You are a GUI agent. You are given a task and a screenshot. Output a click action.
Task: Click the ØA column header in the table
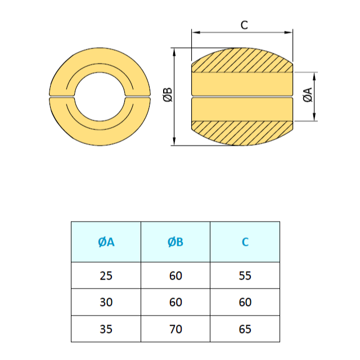click(x=106, y=242)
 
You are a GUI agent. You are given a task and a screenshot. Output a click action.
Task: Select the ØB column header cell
click(x=175, y=242)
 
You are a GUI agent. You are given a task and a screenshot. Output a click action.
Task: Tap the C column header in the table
click(x=245, y=242)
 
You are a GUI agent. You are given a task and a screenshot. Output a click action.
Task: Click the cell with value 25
click(x=106, y=276)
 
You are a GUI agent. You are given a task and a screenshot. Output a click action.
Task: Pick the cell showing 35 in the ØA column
click(x=106, y=329)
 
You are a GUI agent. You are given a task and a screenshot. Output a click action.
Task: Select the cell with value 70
click(x=175, y=329)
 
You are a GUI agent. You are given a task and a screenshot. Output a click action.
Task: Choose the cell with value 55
click(x=245, y=276)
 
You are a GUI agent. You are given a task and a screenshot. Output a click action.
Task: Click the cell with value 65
click(x=245, y=329)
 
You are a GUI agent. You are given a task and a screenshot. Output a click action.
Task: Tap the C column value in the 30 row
click(x=245, y=302)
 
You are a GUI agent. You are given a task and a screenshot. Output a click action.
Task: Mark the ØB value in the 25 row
click(x=175, y=276)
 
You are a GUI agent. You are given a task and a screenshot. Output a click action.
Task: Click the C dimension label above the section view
click(x=244, y=25)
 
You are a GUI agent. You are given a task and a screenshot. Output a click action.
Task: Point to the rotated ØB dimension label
click(x=167, y=95)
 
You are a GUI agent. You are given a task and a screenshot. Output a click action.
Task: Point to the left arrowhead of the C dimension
click(x=195, y=33)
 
